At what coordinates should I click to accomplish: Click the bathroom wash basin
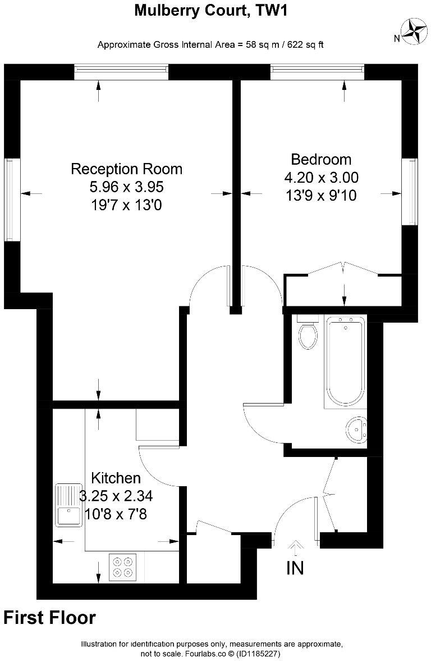tap(355, 429)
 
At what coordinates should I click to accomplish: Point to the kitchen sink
tap(68, 505)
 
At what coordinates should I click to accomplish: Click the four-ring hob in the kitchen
tap(123, 566)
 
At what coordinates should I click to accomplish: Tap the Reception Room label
tap(126, 169)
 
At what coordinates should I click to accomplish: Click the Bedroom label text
tap(321, 159)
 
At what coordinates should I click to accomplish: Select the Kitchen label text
tap(116, 478)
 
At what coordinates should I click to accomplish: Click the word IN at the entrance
tap(295, 568)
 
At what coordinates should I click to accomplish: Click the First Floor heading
tap(49, 618)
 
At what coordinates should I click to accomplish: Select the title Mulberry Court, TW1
tap(211, 10)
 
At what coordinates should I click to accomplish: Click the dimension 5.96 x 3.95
tap(126, 187)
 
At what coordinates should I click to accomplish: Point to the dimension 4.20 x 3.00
tap(321, 178)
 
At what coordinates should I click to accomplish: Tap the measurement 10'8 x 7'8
tap(116, 514)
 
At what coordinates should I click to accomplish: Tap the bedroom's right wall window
tap(412, 191)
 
